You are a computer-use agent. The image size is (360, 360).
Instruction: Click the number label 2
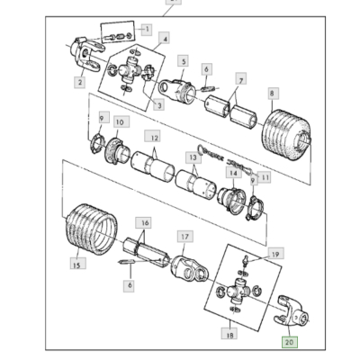[79, 84]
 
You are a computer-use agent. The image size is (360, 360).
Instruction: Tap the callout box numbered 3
[158, 105]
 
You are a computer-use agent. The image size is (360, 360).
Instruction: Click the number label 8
[271, 92]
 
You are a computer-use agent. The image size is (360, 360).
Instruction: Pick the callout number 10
[121, 121]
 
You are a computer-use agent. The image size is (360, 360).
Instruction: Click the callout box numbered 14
[233, 174]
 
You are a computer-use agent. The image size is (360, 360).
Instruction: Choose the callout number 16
[143, 221]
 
